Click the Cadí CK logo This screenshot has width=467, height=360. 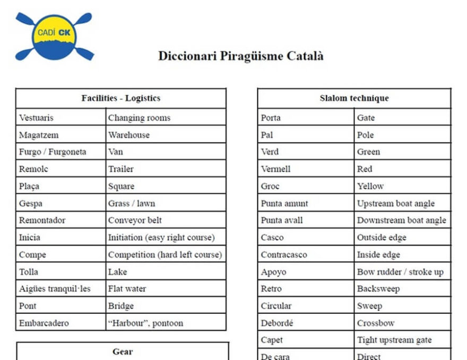tap(55, 36)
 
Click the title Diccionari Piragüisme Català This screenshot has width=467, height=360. tap(240, 56)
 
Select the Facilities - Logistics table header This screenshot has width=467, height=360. tap(121, 98)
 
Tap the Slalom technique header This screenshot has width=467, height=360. tap(354, 98)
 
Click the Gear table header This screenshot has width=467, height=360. tap(123, 351)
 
